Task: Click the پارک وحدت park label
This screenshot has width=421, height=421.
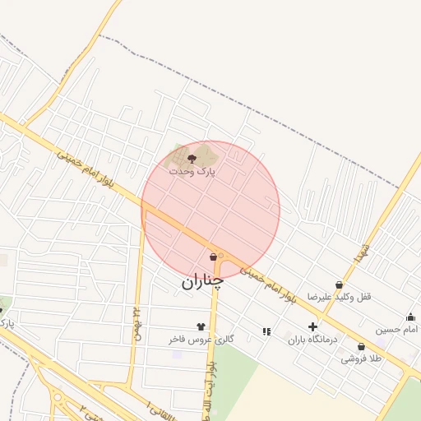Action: tap(192, 172)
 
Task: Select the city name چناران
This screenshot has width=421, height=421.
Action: tap(202, 281)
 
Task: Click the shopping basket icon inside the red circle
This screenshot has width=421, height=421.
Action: tap(213, 257)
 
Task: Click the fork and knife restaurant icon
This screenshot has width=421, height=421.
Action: tap(266, 331)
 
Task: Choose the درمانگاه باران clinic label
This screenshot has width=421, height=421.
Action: tap(312, 339)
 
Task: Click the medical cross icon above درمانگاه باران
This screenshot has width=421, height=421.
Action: tap(312, 326)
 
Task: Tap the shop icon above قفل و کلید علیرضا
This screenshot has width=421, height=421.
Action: tap(340, 285)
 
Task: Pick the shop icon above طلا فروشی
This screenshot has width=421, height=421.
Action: tap(361, 347)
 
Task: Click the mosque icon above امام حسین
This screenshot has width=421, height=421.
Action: tap(410, 317)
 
